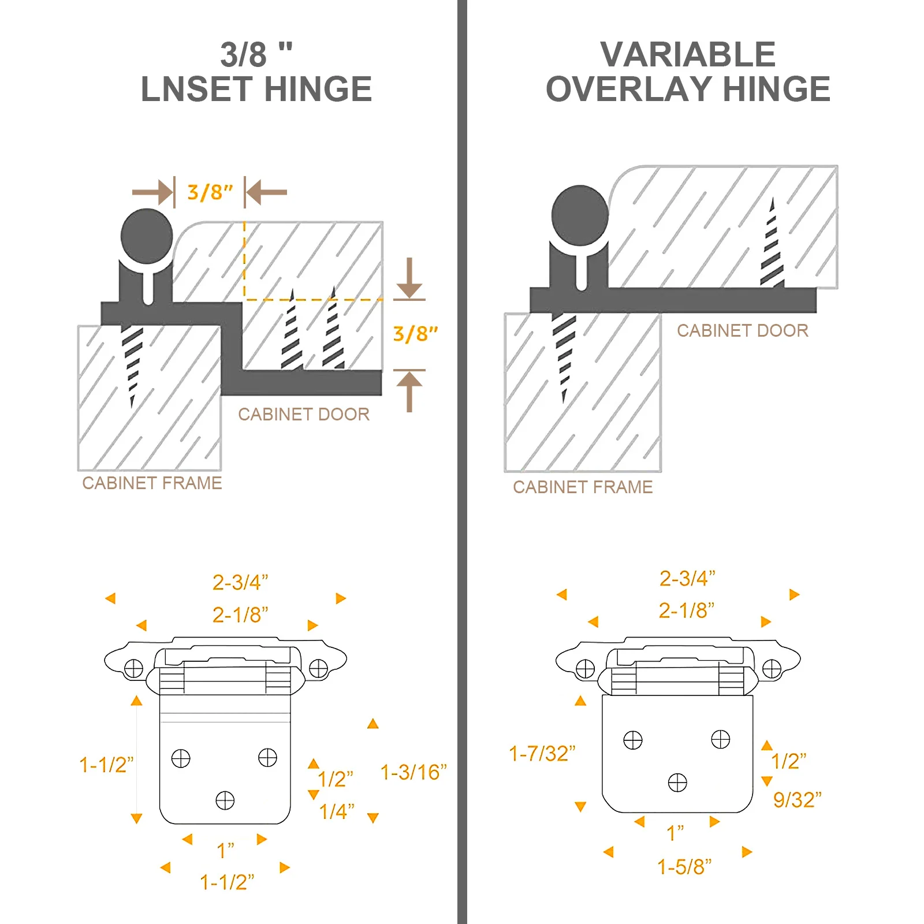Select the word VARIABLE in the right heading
pos(687,55)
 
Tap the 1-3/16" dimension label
pos(413,772)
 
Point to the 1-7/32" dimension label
pos(542,754)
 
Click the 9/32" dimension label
pos(797,800)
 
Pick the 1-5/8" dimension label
pos(684,867)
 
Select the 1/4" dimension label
pos(337,811)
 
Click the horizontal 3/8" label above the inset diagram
pos(210,192)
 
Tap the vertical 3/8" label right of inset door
pos(415,334)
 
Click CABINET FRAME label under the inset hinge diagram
pos(152,483)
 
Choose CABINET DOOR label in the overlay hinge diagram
pos(742,330)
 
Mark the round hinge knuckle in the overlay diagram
pos(580,215)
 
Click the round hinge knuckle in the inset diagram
pos(147,236)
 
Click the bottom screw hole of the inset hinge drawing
pos(225,800)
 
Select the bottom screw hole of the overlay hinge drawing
pos(677,783)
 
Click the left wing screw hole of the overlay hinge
pos(585,669)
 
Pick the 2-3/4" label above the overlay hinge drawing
pos(687,578)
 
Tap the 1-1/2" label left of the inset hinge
pos(106,765)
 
